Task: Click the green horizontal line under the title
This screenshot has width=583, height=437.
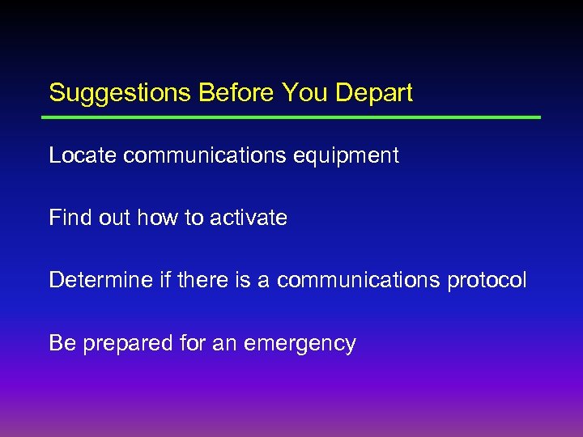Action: (x=291, y=117)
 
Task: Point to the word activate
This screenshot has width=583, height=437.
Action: (x=249, y=218)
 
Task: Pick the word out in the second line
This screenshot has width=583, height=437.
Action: (x=117, y=218)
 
